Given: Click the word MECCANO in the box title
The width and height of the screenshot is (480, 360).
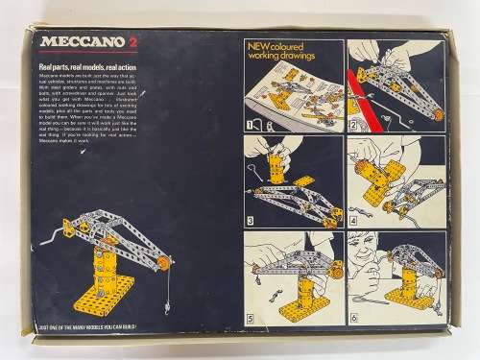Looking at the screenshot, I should [71, 42].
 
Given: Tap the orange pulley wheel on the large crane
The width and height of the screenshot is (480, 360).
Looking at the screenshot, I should [164, 262].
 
